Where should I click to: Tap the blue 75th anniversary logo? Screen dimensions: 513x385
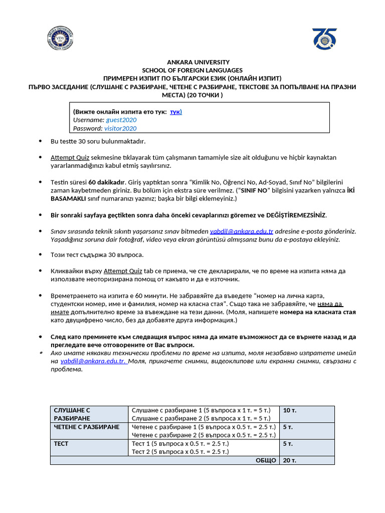pos(324,38)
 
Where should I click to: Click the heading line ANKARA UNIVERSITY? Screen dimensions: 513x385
pos(192,62)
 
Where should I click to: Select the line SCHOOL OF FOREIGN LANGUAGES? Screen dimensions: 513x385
pos(192,70)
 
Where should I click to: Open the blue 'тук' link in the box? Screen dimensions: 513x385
pos(175,112)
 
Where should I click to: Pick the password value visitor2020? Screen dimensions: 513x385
pos(120,128)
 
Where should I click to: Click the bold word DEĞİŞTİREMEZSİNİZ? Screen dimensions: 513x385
pos(293,215)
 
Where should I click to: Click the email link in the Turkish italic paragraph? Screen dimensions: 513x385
pos(242,231)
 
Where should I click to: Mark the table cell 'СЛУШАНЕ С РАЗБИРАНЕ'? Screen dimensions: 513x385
pos(72,414)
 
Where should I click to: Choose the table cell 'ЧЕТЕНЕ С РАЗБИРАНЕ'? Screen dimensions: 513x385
pos(86,427)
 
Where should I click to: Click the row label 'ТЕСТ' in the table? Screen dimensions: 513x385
pos(61,443)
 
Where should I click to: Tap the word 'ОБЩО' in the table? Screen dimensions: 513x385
pos(266,460)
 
